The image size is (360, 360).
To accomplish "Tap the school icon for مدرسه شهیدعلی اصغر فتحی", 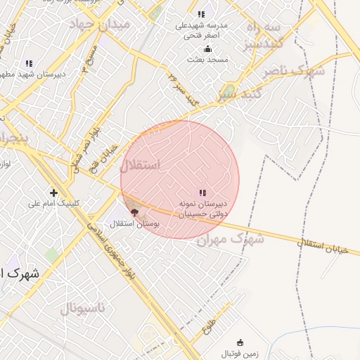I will coord(202,14).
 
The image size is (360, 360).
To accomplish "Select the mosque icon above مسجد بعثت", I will coord(207,49).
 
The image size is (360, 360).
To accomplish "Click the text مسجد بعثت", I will coord(207,60).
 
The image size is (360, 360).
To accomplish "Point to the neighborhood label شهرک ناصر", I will coord(294,71).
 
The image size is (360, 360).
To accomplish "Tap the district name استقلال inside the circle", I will coord(140,165).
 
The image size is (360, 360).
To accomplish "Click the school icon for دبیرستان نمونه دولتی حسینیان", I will coord(202,193).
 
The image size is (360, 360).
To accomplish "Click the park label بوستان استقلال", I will coord(134,224).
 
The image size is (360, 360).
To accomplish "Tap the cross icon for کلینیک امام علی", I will coord(53,193).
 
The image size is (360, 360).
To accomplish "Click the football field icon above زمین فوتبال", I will coord(240,342).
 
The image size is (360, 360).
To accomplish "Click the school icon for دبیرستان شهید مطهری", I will coord(29,63).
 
